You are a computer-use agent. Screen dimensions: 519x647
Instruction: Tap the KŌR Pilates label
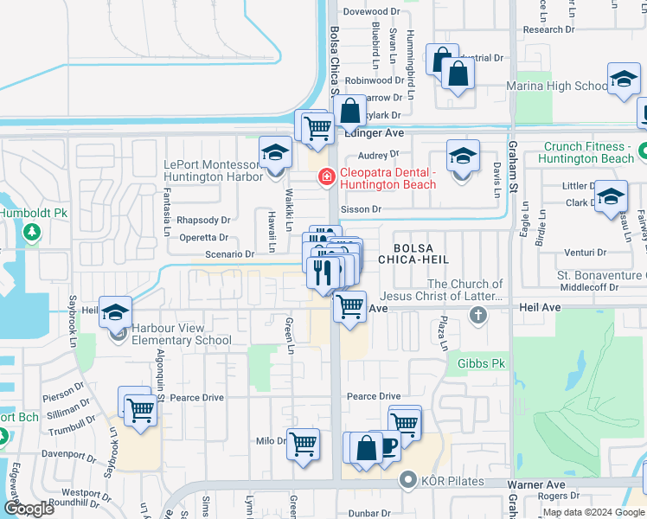click(450, 480)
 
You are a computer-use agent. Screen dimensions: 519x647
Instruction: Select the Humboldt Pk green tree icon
click(32, 232)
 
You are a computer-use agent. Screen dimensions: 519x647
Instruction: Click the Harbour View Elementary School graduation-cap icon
click(116, 313)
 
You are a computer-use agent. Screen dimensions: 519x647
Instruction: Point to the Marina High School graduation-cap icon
click(623, 80)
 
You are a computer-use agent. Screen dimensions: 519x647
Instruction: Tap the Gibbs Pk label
click(482, 363)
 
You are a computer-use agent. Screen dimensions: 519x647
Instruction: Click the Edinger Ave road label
click(375, 134)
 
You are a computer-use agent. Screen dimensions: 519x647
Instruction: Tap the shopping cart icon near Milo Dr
click(303, 445)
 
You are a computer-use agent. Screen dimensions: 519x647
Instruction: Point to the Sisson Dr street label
click(363, 209)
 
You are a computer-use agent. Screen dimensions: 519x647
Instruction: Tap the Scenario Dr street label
click(230, 254)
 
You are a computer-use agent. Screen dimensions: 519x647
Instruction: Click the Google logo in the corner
click(29, 509)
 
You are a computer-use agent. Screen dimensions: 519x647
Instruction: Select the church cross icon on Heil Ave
click(477, 315)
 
